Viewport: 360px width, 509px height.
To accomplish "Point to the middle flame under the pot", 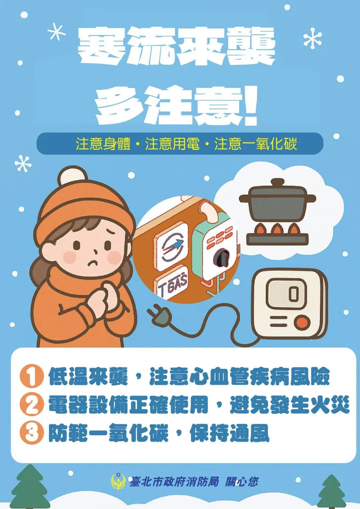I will [277, 229].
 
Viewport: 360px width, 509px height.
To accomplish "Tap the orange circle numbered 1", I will [31, 376].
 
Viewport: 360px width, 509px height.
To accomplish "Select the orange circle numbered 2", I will [31, 404].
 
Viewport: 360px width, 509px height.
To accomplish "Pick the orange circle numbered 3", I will [31, 433].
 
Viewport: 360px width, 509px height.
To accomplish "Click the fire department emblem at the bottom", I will [118, 481].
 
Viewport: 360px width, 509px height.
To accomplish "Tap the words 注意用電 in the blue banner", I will [172, 144].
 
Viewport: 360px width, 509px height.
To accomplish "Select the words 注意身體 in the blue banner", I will [103, 144].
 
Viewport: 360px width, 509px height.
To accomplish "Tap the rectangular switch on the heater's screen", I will [293, 293].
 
